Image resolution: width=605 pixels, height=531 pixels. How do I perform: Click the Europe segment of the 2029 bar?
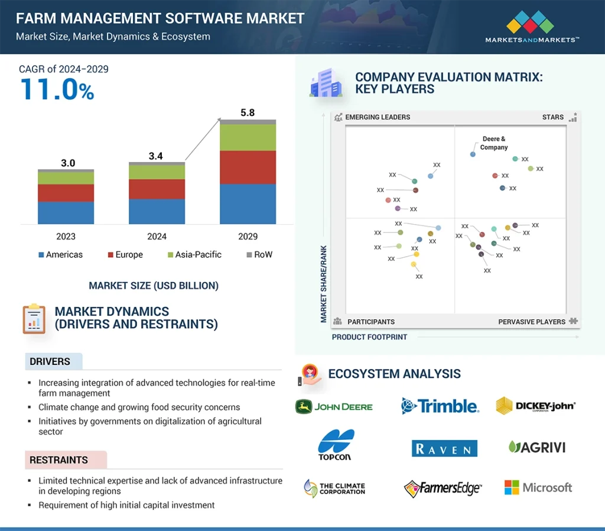click(x=248, y=167)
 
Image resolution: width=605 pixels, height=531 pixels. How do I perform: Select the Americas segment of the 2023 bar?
click(x=66, y=212)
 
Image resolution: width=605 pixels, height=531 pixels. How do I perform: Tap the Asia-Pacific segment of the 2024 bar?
click(x=157, y=171)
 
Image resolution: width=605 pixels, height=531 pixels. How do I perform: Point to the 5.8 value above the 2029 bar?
click(x=248, y=112)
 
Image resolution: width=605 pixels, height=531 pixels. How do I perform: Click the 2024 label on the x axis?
click(x=157, y=237)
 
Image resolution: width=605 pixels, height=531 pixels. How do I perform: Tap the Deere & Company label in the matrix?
click(x=494, y=143)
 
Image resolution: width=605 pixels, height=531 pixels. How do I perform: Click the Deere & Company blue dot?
click(x=473, y=154)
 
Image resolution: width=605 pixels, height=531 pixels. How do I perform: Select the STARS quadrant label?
click(x=553, y=117)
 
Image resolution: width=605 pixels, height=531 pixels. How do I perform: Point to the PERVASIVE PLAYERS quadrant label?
click(x=532, y=322)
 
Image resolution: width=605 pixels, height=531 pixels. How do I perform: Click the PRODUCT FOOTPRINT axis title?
click(x=369, y=337)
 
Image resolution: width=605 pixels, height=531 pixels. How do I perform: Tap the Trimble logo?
click(x=440, y=406)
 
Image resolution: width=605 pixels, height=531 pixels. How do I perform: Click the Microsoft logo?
click(x=538, y=487)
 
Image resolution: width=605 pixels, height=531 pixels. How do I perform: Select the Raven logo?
click(x=444, y=448)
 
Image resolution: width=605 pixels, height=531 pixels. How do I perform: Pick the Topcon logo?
click(x=336, y=445)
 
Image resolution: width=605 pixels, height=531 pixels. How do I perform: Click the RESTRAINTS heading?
click(x=58, y=460)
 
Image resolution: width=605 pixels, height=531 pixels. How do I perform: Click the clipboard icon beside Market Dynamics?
click(x=34, y=319)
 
